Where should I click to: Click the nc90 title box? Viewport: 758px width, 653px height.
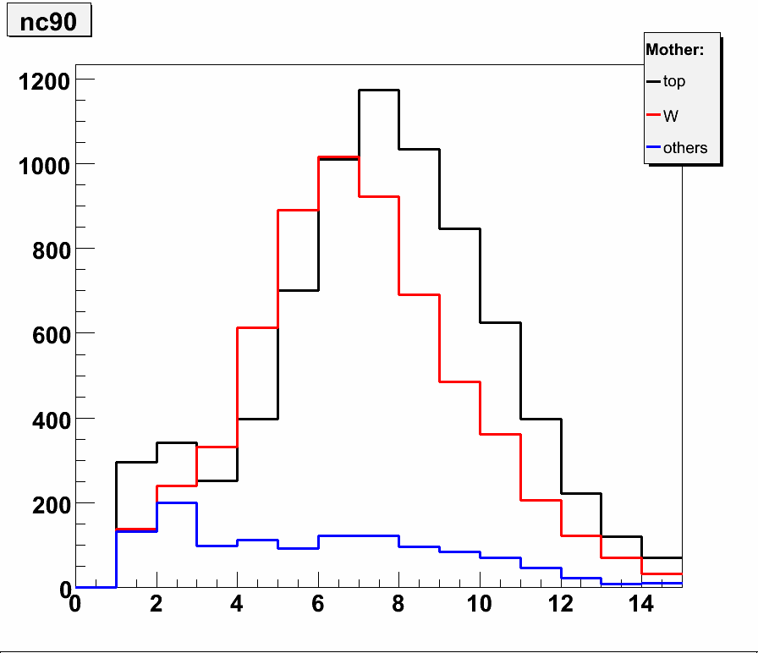coord(48,22)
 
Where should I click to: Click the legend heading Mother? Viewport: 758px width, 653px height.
coord(674,50)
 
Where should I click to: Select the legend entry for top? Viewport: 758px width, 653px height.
coord(674,82)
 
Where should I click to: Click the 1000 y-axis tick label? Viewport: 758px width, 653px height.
coord(44,164)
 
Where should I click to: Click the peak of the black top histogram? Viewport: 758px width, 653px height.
coord(379,91)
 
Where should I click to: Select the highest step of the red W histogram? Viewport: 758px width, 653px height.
coord(338,157)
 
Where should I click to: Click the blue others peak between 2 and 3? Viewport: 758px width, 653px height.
coord(177,502)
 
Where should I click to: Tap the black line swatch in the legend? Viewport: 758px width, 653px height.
coord(653,82)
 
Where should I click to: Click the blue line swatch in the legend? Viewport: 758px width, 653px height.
coord(653,148)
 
